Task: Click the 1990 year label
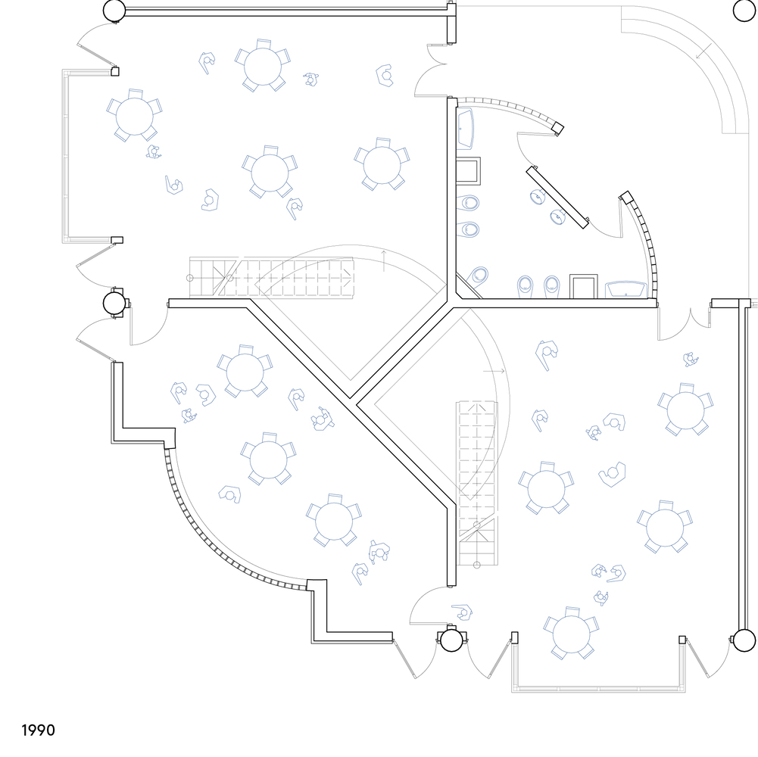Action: click(38, 731)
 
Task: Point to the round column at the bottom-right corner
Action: click(744, 640)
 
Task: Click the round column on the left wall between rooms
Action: click(115, 304)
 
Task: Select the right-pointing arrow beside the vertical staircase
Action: click(494, 372)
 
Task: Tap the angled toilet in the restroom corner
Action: click(479, 276)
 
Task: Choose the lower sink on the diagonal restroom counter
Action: click(559, 217)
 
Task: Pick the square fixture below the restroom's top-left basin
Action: click(469, 172)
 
